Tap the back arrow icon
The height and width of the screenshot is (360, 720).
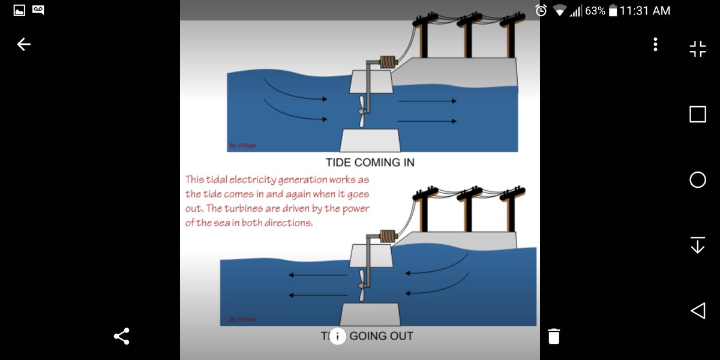pos(23,44)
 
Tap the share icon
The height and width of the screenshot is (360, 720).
pos(121,336)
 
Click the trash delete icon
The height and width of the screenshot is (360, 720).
pos(554,336)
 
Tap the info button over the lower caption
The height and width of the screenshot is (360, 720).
pos(337,336)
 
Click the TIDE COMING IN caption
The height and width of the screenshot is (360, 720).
pos(370,163)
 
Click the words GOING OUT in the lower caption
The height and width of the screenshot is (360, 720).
pos(381,336)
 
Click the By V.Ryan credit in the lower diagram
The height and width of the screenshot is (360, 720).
pos(242,319)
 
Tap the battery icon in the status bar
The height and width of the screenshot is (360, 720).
pos(613,11)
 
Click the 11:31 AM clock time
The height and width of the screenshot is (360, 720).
pos(645,11)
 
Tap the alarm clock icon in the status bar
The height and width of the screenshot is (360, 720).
pos(541,11)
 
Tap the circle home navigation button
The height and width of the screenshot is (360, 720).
pos(697,179)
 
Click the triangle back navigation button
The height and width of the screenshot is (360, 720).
pos(697,310)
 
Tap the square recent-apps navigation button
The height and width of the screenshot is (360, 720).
pos(697,114)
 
